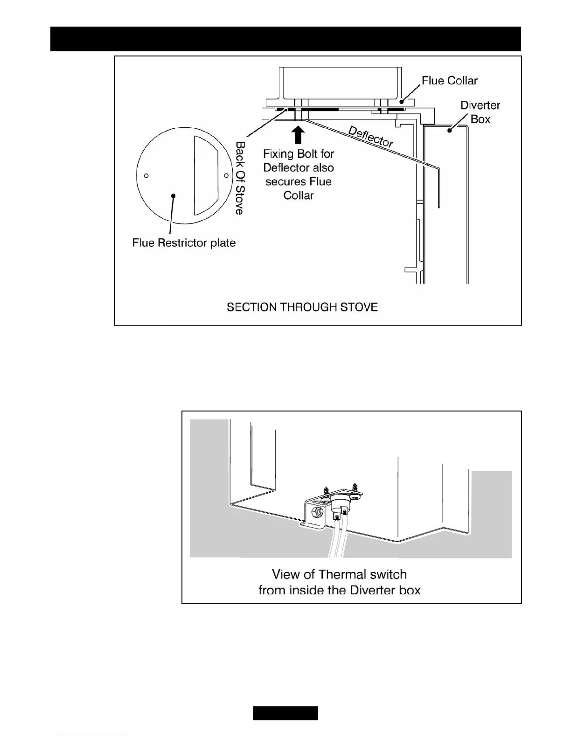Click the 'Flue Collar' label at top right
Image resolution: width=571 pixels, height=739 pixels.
coord(449,81)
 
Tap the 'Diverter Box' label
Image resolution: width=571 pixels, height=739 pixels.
coord(480,112)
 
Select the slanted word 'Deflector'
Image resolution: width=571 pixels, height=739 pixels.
coord(371,136)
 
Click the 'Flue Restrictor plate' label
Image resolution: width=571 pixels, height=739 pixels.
coord(184,243)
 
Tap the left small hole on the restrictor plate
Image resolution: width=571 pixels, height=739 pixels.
coord(146,176)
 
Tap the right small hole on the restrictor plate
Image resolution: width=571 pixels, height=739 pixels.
coord(226,175)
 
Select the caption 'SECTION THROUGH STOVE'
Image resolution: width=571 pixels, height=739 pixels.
coord(302,307)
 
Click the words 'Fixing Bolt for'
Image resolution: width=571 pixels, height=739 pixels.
coord(299,153)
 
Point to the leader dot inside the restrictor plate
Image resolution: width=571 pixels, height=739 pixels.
coord(174,195)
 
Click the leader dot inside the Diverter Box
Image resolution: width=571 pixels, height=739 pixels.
coord(449,131)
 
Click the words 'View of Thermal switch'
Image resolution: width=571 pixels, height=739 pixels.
coord(339,574)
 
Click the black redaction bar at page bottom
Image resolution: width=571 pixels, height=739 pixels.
coord(285,713)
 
